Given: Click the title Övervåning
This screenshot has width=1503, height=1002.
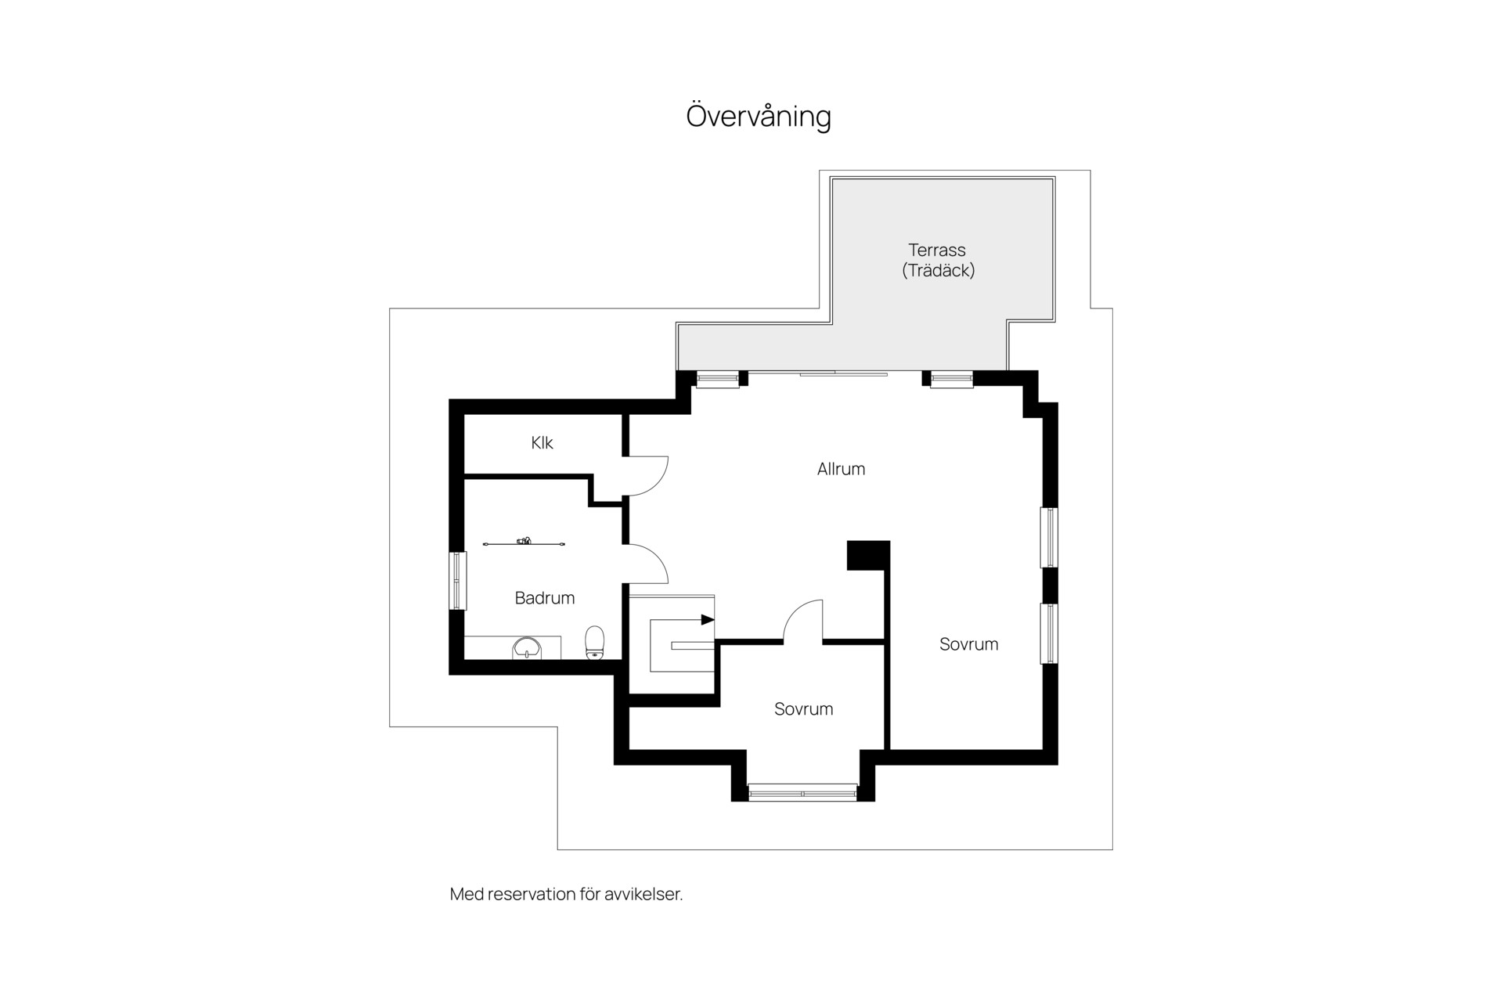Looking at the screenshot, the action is (x=759, y=116).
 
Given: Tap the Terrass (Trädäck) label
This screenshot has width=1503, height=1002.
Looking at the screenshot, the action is (x=938, y=261).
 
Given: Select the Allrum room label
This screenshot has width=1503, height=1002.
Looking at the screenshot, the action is (x=842, y=469).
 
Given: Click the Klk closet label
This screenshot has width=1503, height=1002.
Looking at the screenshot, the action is (x=542, y=443).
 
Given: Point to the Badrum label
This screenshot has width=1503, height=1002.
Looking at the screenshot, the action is (x=545, y=598).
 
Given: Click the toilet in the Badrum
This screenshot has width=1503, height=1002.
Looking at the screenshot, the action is (x=596, y=643).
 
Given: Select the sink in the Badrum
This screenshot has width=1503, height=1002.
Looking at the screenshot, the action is (x=526, y=648).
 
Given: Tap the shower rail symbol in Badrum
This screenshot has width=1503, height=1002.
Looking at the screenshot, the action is (x=524, y=542).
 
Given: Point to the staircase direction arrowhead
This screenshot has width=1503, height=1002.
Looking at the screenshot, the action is (x=708, y=620).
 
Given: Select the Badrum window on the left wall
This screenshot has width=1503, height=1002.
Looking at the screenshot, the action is (x=457, y=581).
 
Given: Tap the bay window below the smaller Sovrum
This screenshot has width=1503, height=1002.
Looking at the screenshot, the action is (x=803, y=793).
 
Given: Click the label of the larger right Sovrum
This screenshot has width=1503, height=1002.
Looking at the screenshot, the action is (x=969, y=644).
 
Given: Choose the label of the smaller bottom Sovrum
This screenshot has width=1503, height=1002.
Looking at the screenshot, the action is (x=804, y=709).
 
